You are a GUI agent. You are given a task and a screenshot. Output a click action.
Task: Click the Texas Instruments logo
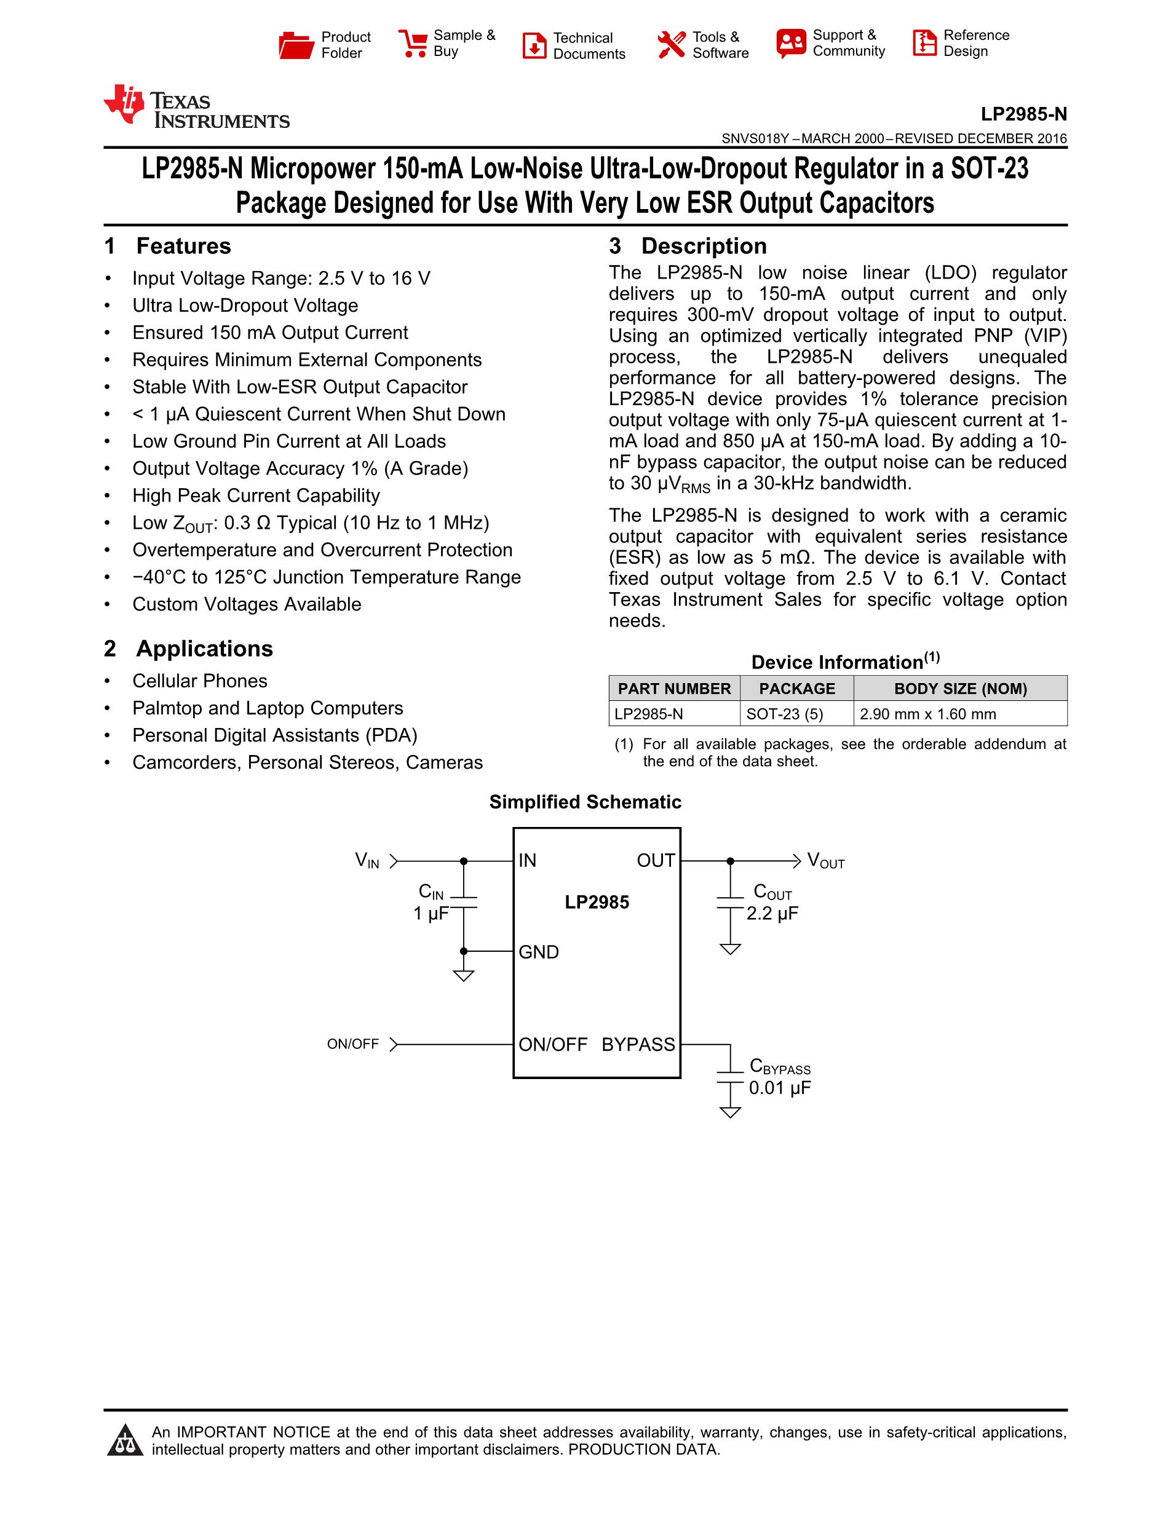[x=196, y=108]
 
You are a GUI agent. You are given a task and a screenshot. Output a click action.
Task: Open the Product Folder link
[x=324, y=45]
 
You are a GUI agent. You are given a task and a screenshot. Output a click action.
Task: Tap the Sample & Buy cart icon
[x=413, y=44]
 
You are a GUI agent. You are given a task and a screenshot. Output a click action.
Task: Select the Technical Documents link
[x=574, y=45]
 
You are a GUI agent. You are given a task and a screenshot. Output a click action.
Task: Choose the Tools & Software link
[x=703, y=45]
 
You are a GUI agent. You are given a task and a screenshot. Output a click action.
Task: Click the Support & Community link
[x=830, y=44]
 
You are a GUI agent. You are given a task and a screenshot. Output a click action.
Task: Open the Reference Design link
[x=961, y=44]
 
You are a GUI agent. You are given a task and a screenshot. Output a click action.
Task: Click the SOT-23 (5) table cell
[x=785, y=714]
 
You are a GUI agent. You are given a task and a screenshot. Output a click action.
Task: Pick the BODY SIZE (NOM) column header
[x=960, y=689]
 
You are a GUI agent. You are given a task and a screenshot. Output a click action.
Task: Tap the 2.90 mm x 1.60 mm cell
[x=927, y=714]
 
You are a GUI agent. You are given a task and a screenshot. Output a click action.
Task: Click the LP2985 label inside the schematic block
[x=597, y=902]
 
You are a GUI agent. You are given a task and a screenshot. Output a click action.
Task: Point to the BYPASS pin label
[x=638, y=1044]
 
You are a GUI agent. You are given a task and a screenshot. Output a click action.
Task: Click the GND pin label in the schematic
[x=538, y=952]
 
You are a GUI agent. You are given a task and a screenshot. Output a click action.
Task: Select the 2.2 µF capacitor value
[x=772, y=914]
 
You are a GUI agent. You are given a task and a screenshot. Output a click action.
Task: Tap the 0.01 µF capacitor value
[x=780, y=1088]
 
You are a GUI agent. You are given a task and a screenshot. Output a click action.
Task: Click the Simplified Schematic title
[x=585, y=802]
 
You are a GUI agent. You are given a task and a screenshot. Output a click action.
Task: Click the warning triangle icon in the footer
[x=125, y=1440]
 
